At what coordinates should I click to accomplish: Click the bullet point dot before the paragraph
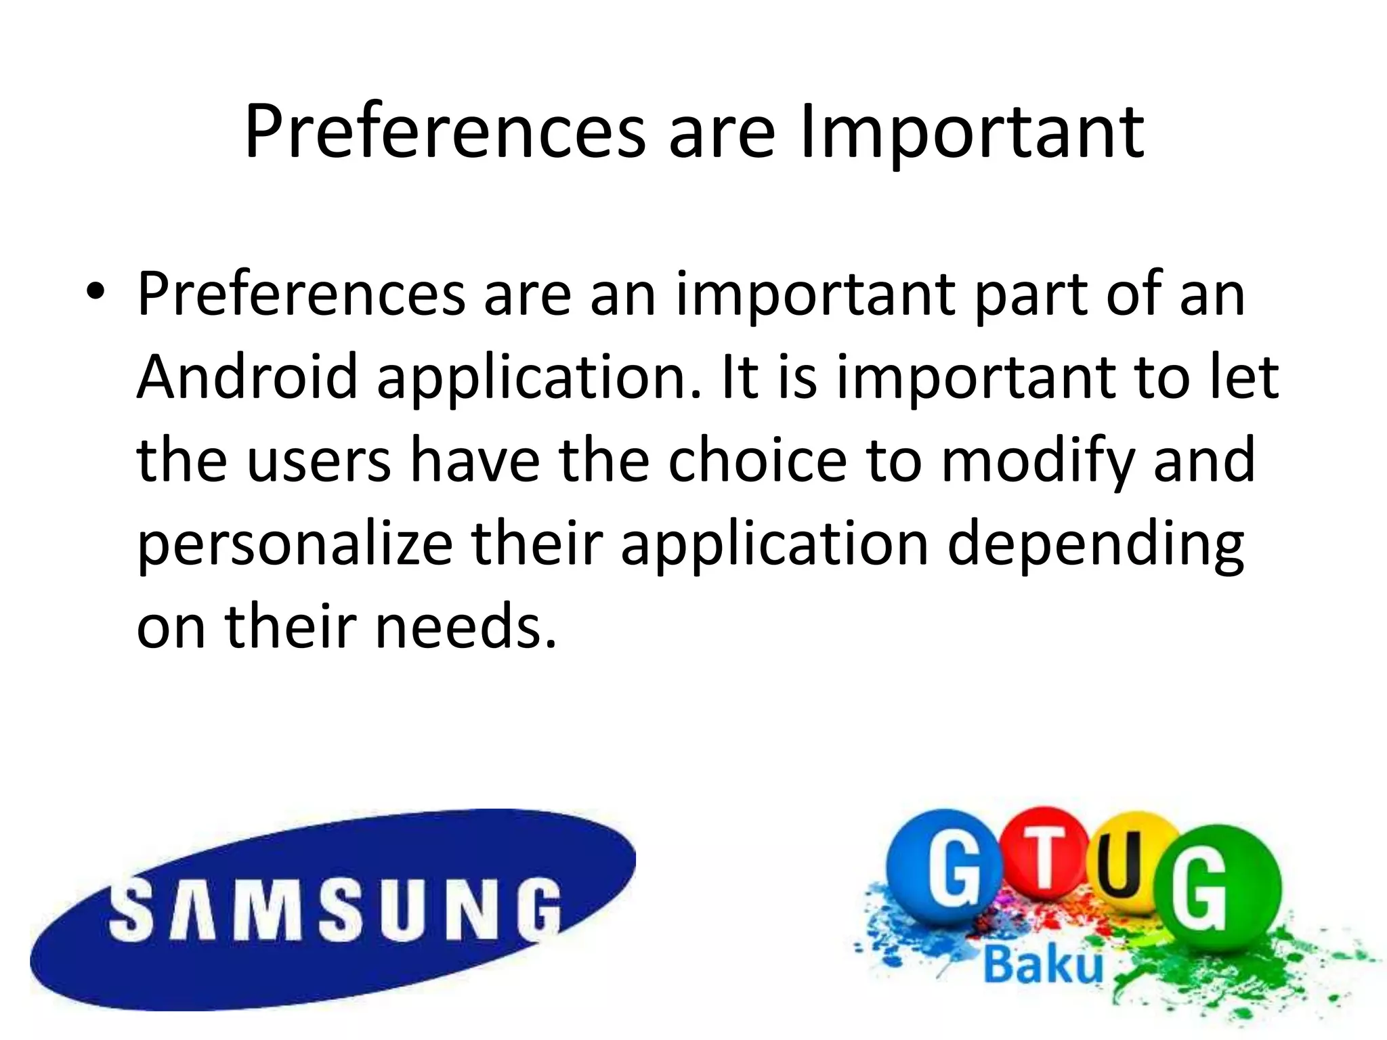pos(95,293)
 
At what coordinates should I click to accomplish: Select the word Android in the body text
pos(247,377)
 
